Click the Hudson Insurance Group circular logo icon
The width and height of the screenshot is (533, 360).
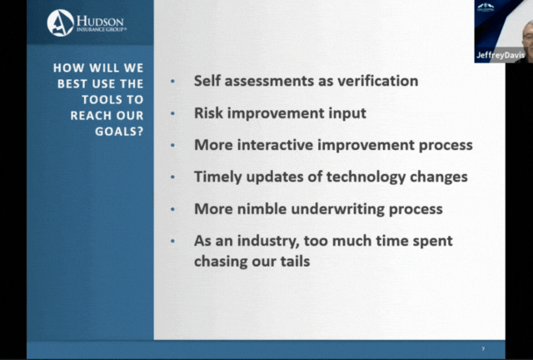tap(61, 22)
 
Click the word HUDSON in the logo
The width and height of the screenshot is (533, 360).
tap(100, 21)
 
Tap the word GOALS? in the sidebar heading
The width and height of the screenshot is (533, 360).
tap(119, 132)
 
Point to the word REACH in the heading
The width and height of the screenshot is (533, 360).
tap(91, 115)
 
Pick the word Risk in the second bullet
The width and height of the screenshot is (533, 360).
tap(208, 112)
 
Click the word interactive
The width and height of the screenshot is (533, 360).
tap(275, 145)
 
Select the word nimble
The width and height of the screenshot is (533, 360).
tap(262, 208)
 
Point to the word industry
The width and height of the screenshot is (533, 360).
tap(268, 241)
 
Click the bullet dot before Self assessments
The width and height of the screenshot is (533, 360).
tap(172, 81)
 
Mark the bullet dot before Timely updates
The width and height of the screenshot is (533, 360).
tap(172, 177)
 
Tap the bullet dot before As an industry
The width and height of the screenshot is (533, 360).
tap(172, 241)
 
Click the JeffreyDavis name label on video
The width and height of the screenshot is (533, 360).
tap(501, 55)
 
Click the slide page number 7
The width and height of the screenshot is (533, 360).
tap(483, 349)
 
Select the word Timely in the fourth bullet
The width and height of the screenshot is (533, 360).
tap(218, 177)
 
